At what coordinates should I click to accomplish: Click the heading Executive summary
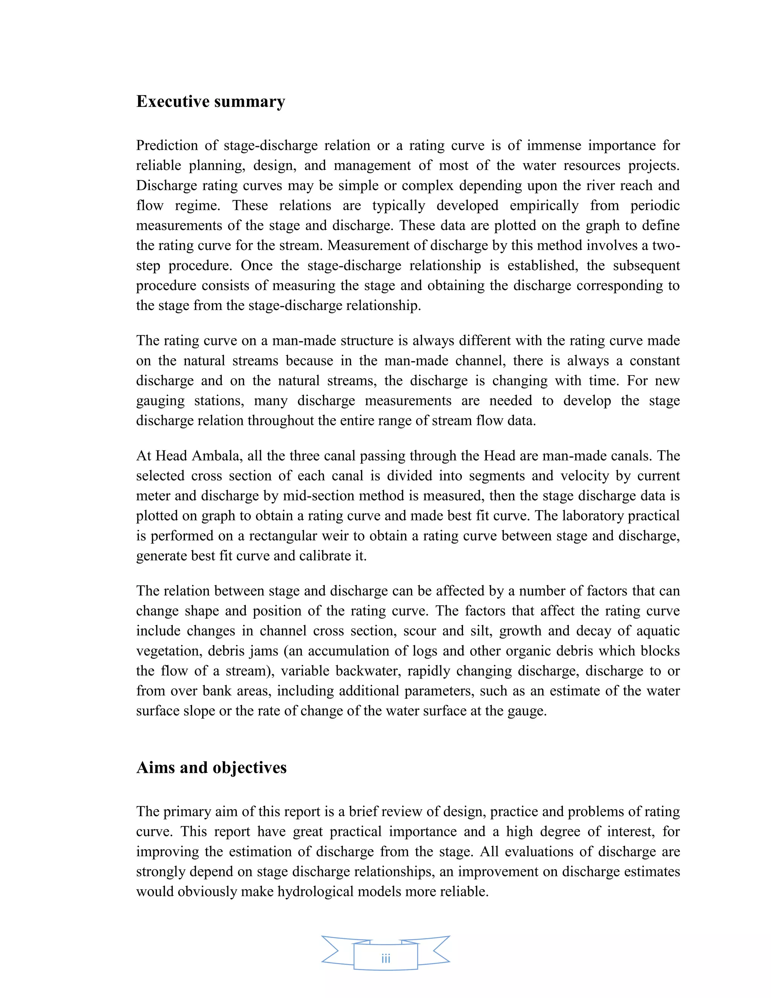point(210,101)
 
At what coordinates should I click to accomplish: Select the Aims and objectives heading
point(212,767)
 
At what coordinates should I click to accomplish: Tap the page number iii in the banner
point(385,959)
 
